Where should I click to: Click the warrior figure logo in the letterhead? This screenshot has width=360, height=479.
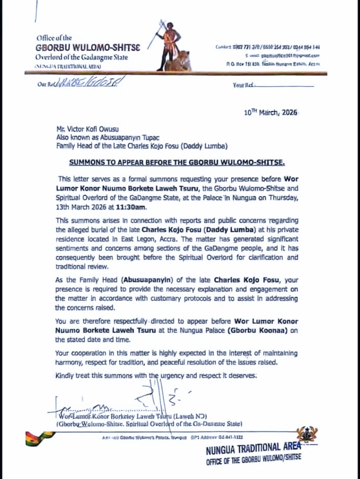click(x=170, y=46)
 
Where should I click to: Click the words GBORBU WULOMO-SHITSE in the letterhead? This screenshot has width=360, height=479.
click(x=88, y=47)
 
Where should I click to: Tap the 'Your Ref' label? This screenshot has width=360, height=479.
click(x=242, y=85)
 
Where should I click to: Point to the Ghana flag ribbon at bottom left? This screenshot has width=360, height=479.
click(x=40, y=438)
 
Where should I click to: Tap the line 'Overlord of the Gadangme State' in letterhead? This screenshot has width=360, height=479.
click(x=82, y=57)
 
